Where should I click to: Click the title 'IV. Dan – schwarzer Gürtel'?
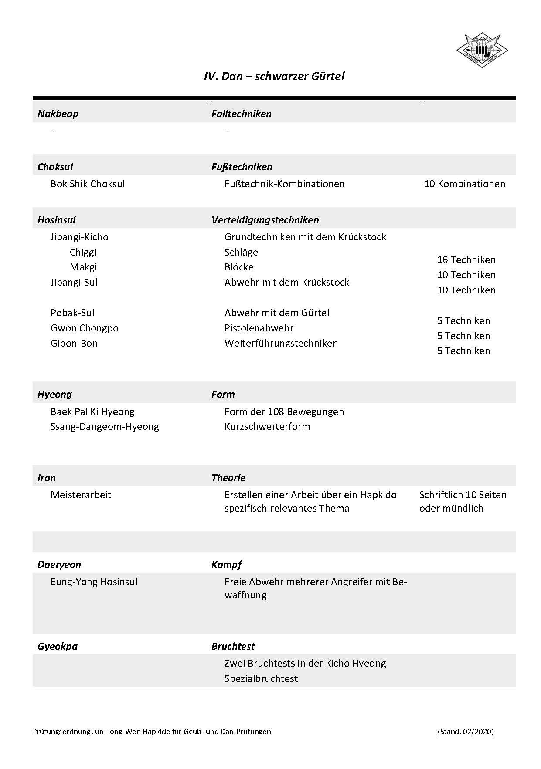click(x=274, y=77)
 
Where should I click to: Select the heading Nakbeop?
click(x=58, y=114)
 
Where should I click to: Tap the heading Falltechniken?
click(x=241, y=114)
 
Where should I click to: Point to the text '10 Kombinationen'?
click(x=464, y=184)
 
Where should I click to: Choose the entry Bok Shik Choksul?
click(x=88, y=184)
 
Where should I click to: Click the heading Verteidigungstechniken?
click(x=265, y=220)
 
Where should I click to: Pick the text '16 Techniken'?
click(x=466, y=260)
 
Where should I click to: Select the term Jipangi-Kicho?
click(x=79, y=237)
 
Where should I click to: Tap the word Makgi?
click(x=83, y=267)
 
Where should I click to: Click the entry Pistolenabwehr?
click(x=259, y=328)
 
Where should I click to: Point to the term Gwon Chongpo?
click(x=85, y=328)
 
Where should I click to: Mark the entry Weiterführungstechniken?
click(x=281, y=344)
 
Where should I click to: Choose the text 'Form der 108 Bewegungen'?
click(x=284, y=412)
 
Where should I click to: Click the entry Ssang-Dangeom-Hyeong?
click(x=105, y=427)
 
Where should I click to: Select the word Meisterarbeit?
click(x=81, y=495)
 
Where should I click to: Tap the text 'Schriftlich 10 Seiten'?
click(x=463, y=495)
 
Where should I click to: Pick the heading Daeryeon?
click(x=59, y=565)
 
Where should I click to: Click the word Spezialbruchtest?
click(x=261, y=679)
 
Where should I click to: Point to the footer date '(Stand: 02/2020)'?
click(x=465, y=732)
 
